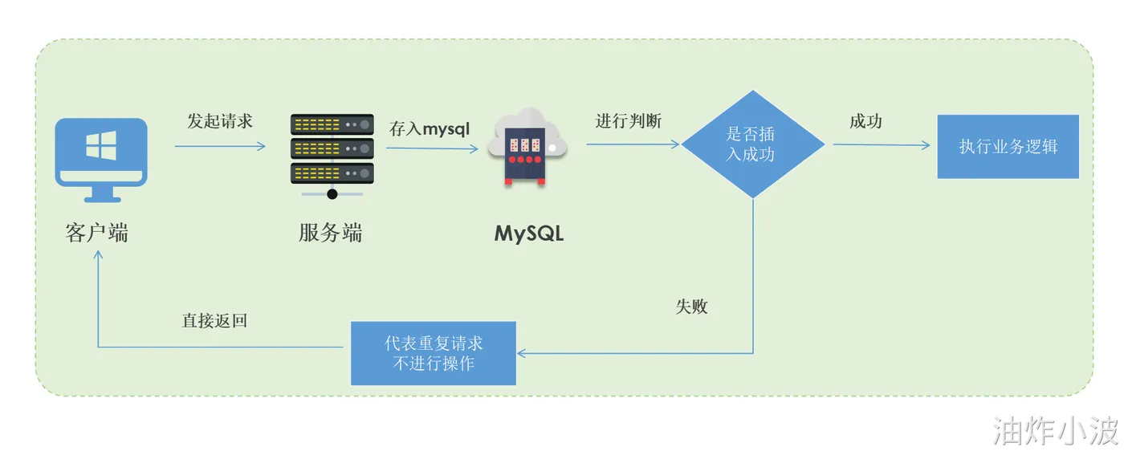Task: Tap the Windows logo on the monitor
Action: [x=101, y=145]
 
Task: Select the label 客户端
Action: [x=96, y=233]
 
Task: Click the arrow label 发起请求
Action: [x=219, y=121]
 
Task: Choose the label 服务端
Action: [x=330, y=233]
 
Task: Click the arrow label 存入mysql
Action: [x=430, y=128]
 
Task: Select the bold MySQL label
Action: [x=529, y=234]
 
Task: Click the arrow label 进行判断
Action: [x=629, y=121]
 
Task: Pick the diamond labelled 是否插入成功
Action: [x=752, y=144]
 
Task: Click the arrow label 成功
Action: [x=865, y=121]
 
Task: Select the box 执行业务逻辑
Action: [x=1008, y=146]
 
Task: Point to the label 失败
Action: [x=691, y=307]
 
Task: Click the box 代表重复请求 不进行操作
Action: [x=434, y=353]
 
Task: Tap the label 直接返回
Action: [x=214, y=321]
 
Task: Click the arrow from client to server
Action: [x=219, y=146]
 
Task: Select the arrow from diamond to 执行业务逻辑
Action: [x=881, y=145]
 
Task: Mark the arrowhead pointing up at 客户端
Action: [x=98, y=255]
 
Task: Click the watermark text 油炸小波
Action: [x=1056, y=431]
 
